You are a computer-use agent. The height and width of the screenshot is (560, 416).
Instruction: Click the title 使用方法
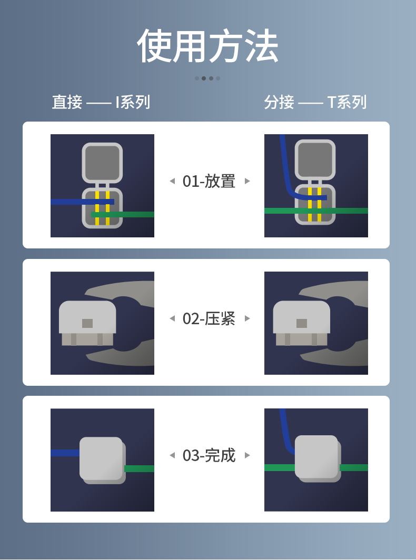click(207, 46)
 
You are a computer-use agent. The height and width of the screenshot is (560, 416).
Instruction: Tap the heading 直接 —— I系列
click(101, 102)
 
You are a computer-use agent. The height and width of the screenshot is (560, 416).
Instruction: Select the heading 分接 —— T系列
click(315, 102)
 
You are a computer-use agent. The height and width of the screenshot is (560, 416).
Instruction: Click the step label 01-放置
click(209, 181)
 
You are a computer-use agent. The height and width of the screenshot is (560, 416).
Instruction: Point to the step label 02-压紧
click(209, 318)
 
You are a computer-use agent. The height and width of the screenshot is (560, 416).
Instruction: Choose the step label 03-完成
click(209, 455)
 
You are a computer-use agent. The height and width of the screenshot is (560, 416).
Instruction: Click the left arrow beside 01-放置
click(173, 181)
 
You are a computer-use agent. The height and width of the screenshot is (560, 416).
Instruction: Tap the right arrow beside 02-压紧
click(247, 318)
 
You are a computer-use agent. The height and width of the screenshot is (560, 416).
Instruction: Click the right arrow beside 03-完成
click(247, 455)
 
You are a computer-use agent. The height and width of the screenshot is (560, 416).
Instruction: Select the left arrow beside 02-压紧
click(173, 318)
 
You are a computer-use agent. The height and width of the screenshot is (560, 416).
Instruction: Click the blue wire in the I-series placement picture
click(82, 202)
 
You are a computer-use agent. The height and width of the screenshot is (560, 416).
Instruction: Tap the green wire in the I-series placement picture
click(123, 214)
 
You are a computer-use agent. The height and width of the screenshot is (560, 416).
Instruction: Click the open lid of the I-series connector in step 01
click(102, 163)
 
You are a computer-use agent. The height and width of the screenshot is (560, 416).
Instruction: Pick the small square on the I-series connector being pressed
click(87, 323)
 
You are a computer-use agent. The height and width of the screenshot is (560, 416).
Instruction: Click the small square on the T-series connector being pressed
click(302, 323)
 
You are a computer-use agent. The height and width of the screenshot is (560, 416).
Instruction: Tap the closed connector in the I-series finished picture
click(103, 461)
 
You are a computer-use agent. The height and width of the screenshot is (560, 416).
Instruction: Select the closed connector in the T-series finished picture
click(318, 458)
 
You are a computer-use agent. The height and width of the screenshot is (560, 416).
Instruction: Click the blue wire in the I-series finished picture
click(65, 453)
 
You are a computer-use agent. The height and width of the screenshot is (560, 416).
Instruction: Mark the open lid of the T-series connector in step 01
click(315, 159)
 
